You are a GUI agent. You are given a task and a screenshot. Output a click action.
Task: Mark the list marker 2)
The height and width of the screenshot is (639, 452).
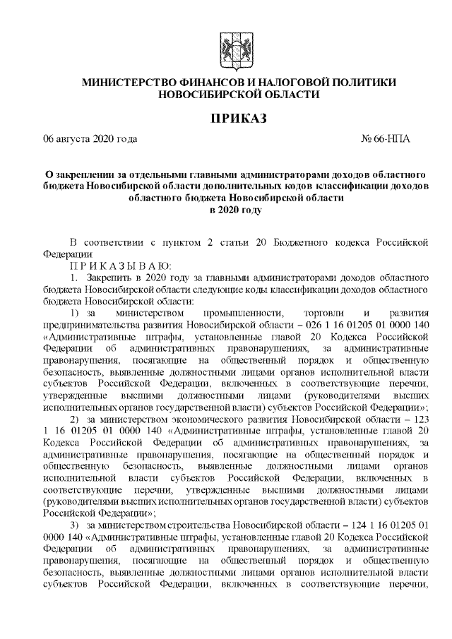(x=78, y=417)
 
